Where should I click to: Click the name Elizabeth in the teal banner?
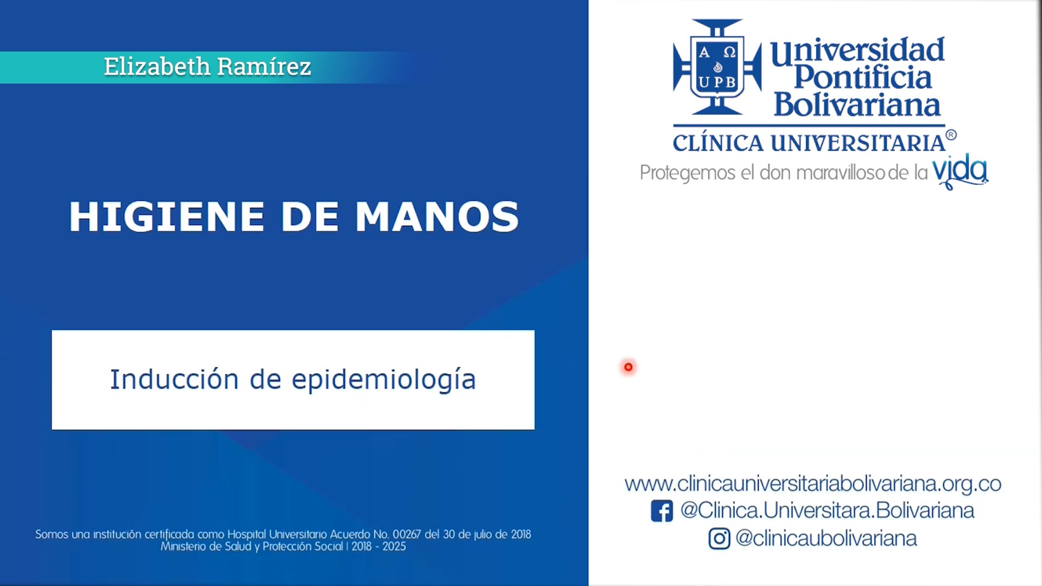point(157,67)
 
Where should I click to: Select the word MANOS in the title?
point(437,217)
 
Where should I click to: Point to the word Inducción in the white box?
point(174,379)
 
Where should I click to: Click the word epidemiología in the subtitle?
point(384,380)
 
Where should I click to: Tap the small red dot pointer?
point(628,367)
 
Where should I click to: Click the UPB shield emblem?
point(717,67)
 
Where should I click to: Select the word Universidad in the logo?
point(857,51)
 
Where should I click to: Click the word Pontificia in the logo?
point(863,78)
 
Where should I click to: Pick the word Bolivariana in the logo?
point(857,105)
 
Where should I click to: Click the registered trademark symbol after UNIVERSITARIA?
point(951,135)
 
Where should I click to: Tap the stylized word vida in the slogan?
point(960,171)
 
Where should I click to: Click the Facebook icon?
point(662,511)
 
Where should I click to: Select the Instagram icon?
point(719,539)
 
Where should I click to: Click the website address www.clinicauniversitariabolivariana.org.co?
point(812,483)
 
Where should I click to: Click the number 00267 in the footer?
point(406,534)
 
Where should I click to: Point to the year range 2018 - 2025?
point(378,547)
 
